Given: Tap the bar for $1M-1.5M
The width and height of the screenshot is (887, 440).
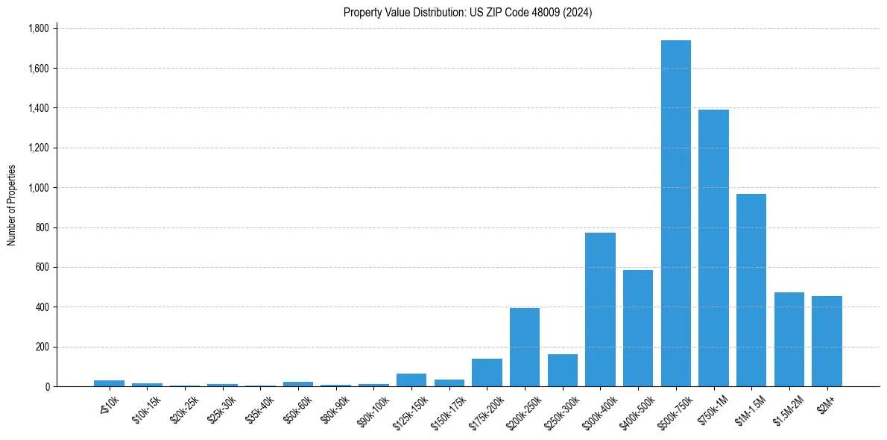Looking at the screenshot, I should (x=751, y=290).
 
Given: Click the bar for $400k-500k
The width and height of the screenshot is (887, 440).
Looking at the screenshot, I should (x=638, y=328).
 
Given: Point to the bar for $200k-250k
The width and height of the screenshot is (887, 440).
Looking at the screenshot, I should (x=525, y=347).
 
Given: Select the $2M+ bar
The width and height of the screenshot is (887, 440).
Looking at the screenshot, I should (x=827, y=341).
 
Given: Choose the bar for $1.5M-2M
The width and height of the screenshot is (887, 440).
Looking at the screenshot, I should (x=789, y=339).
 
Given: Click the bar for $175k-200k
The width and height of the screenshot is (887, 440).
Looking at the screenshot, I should (x=487, y=372).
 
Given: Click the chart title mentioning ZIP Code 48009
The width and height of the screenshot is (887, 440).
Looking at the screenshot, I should (x=467, y=12).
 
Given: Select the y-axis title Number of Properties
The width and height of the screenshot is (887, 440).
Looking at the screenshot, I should (x=12, y=205).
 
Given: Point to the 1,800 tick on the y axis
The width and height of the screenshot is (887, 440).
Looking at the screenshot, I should (x=38, y=28).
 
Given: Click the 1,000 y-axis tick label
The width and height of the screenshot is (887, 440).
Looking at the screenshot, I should (x=38, y=188).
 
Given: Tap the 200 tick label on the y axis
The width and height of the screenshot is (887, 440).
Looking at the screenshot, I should (x=42, y=347).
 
